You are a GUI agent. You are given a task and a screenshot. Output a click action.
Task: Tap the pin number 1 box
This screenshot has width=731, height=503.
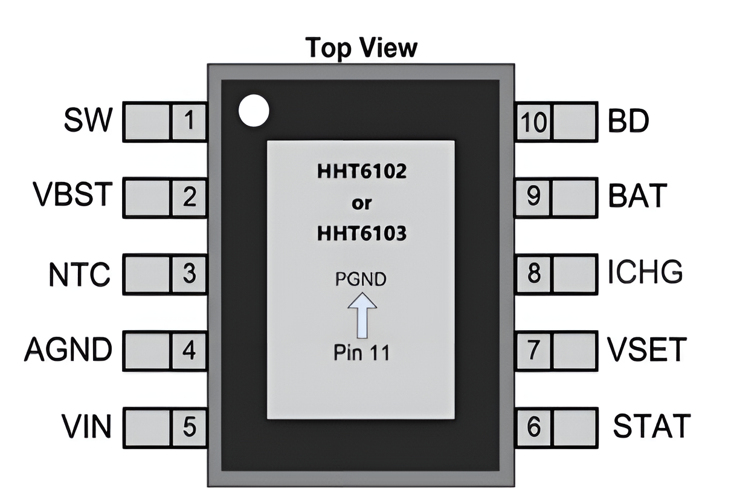point(189,122)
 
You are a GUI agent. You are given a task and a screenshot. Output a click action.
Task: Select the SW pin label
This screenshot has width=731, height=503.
point(88,121)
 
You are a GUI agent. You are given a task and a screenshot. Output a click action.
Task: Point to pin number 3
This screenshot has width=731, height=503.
point(189,274)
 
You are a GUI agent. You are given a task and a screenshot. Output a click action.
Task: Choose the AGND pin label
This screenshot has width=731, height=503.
point(68,350)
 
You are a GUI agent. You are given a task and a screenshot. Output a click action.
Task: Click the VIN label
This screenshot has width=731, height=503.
point(86,426)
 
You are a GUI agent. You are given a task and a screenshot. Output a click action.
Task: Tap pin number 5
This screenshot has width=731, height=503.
point(189,427)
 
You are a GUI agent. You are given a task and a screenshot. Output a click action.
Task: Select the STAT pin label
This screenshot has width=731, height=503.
point(652,426)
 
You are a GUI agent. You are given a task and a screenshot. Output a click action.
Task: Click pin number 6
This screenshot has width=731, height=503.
point(533,427)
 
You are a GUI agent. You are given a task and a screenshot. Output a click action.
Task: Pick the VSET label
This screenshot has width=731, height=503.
point(647,349)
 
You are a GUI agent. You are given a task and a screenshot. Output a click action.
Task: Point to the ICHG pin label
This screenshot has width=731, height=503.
point(645,273)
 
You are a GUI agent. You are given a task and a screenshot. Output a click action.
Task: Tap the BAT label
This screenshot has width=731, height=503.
point(637,196)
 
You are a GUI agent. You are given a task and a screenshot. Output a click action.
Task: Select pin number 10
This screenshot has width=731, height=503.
point(533,123)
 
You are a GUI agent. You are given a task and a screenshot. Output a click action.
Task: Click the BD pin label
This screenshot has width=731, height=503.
point(628,122)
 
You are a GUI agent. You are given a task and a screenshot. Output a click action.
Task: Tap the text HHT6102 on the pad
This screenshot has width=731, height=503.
point(361,172)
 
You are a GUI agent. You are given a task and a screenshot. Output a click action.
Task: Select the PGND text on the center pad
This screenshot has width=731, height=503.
point(361,280)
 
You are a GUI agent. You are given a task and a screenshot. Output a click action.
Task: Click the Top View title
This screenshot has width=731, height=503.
point(361,47)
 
